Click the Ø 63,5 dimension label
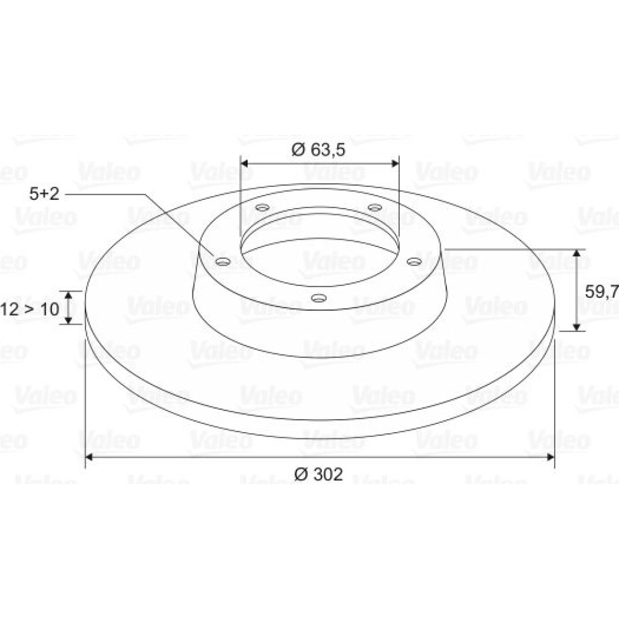318,150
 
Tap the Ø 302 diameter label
319,474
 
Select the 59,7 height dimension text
602,292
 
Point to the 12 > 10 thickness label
30,309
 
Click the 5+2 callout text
44,194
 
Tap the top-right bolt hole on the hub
374,207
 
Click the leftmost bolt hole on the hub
223,261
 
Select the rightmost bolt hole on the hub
414,261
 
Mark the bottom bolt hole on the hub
319,298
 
